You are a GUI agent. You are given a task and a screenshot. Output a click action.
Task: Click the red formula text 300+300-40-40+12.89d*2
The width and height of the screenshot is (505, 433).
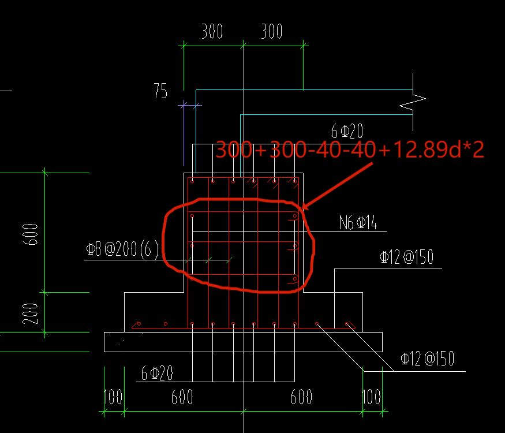coord(349,150)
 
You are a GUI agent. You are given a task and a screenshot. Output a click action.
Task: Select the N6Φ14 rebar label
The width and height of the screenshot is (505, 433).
coord(358,223)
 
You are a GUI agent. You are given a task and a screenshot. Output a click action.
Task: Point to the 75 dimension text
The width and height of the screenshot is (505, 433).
coord(160,91)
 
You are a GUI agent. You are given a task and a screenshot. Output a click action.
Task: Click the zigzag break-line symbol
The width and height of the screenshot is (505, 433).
coord(413,102)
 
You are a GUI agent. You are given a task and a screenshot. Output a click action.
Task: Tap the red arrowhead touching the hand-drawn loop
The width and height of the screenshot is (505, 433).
coord(305,206)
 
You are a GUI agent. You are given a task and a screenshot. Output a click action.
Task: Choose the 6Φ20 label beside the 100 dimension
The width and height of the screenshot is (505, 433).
coord(157,374)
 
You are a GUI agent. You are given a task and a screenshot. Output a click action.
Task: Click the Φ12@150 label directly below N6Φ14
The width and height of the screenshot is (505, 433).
coord(406,258)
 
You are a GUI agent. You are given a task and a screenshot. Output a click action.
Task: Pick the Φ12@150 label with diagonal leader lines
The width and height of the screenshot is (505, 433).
coord(427,360)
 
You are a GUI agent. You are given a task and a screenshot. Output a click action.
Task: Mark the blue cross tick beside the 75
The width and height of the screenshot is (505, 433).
coord(184,105)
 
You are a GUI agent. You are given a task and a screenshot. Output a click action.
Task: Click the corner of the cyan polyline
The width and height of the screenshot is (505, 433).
coord(240,115)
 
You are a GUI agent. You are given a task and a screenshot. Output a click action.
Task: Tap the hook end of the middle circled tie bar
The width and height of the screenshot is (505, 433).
coord(295,246)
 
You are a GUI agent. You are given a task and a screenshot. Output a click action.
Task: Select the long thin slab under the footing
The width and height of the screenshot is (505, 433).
coord(243,341)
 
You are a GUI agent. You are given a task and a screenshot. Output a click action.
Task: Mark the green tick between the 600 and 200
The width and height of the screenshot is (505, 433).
coord(44,292)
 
